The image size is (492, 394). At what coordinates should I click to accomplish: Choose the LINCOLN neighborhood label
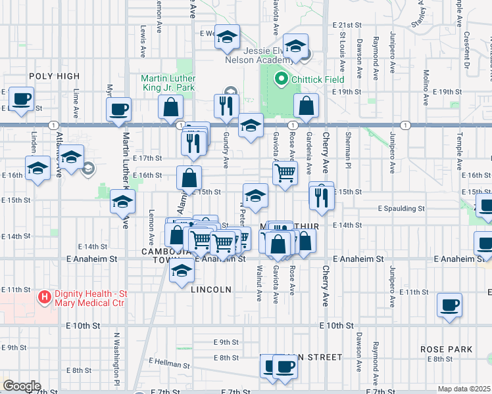pos(211,289)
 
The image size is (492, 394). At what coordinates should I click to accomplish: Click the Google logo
pos(22,386)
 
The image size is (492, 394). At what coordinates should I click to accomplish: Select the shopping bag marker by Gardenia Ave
pos(306,106)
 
